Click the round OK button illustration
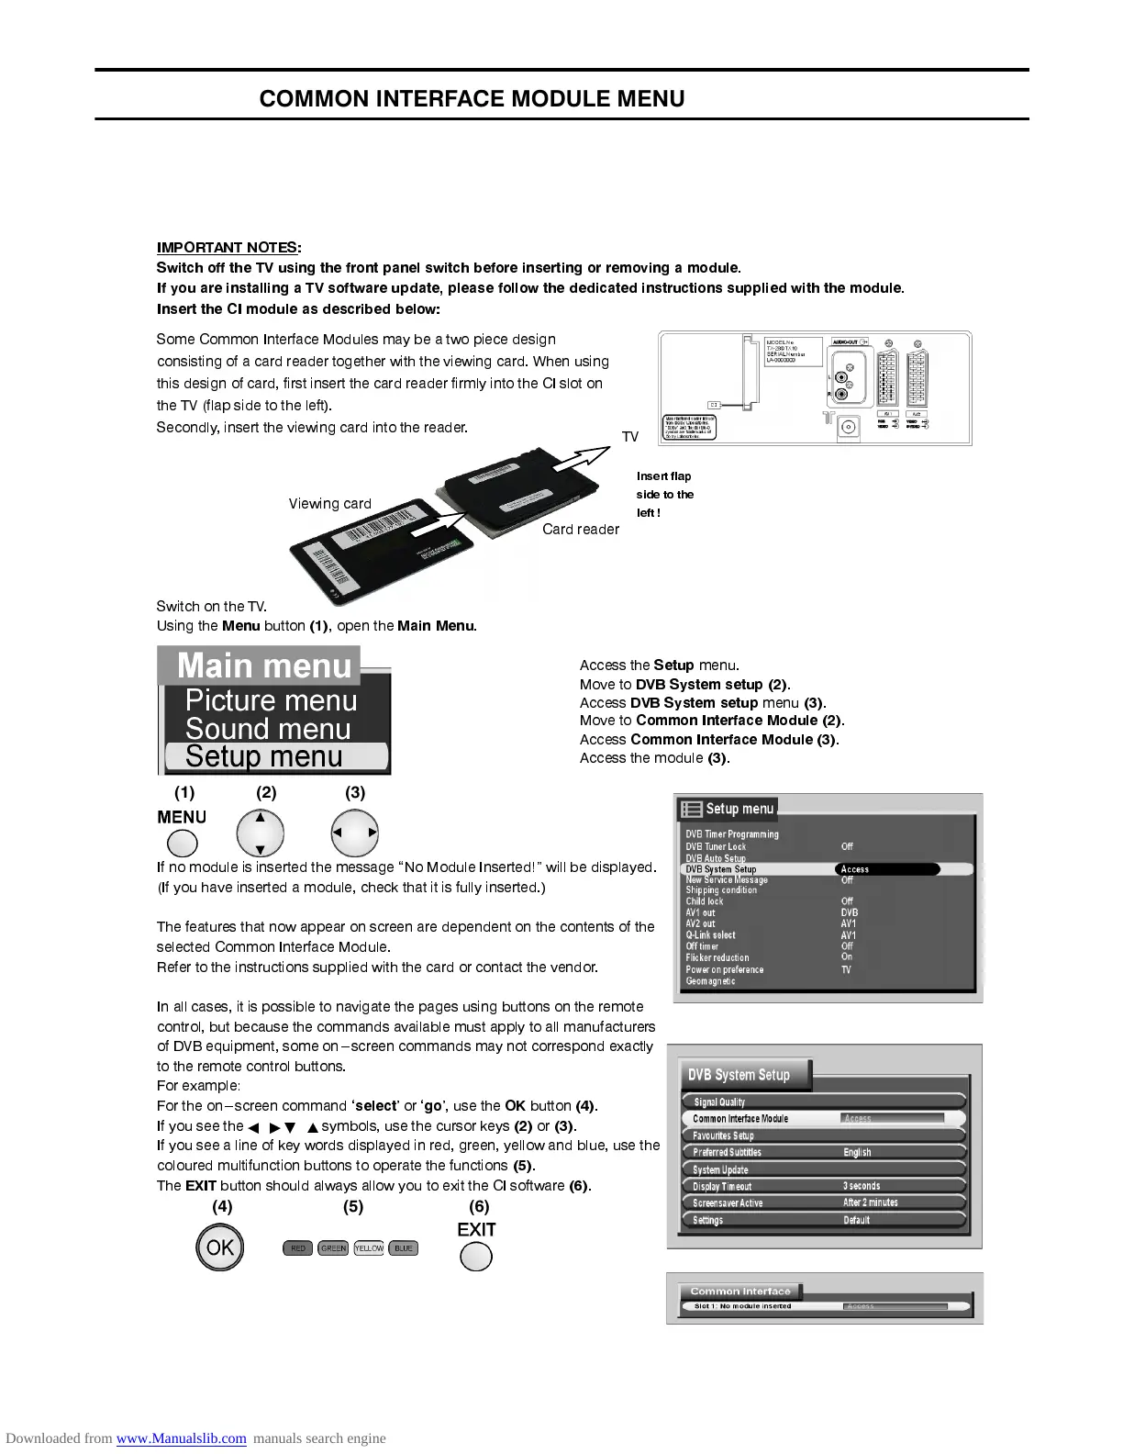point(220,1248)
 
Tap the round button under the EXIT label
point(475,1255)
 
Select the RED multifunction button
point(297,1248)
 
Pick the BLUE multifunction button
point(404,1248)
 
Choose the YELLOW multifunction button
point(369,1248)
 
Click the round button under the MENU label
point(182,843)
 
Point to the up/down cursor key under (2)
point(261,833)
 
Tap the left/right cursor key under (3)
point(354,833)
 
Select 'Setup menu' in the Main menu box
point(264,756)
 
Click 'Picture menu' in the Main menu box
point(271,701)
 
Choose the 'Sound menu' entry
point(268,729)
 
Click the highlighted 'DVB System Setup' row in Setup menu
point(721,869)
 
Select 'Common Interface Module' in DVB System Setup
point(740,1119)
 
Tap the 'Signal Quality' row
point(719,1102)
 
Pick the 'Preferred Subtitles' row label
point(727,1153)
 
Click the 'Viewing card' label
point(330,504)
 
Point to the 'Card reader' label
point(580,530)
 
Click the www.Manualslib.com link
point(181,1438)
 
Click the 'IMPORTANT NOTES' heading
point(227,248)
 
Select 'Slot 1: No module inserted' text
point(742,1306)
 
